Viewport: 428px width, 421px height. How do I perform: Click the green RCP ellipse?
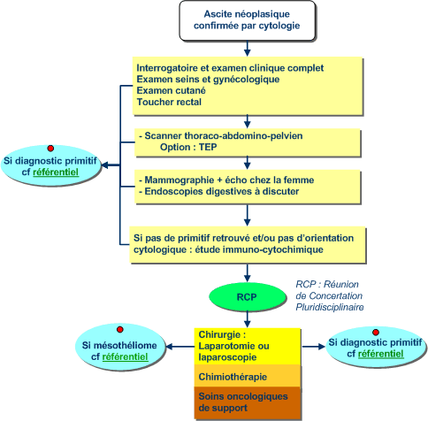tap(248, 297)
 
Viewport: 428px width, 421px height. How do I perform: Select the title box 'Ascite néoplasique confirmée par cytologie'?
tap(248, 20)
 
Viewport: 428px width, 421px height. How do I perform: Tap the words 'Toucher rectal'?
tap(169, 102)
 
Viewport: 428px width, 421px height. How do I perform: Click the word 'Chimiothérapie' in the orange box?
tap(233, 377)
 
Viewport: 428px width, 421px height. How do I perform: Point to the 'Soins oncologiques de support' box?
tap(248, 402)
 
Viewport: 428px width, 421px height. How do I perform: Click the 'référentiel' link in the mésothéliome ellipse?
tap(125, 356)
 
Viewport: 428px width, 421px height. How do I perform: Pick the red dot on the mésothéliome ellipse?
tap(119, 330)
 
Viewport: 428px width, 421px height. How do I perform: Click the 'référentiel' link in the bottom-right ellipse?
tap(380, 354)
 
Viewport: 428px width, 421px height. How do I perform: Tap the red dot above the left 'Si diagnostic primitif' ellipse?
tap(50, 148)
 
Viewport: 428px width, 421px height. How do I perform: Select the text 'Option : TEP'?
tap(188, 147)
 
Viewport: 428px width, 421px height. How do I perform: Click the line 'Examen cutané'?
tap(171, 90)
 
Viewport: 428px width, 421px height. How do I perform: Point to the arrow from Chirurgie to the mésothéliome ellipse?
tap(180, 347)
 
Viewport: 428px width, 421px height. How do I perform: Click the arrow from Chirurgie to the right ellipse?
tap(314, 347)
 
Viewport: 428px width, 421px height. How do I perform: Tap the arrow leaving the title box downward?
tap(248, 49)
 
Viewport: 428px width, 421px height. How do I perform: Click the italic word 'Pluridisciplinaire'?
tap(330, 307)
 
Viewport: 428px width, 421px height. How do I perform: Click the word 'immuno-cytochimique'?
tap(272, 249)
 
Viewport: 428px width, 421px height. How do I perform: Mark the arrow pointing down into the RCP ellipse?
tap(248, 272)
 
